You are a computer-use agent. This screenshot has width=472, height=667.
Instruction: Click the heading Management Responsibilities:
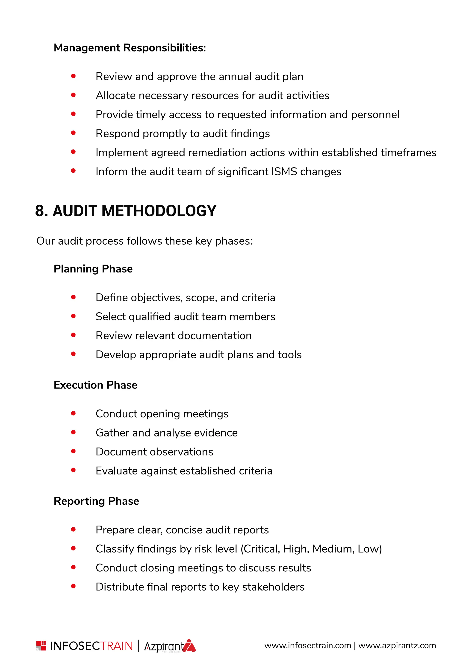(x=130, y=48)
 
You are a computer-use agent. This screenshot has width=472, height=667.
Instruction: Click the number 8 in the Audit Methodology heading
(x=40, y=211)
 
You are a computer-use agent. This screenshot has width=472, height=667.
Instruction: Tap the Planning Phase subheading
(x=93, y=269)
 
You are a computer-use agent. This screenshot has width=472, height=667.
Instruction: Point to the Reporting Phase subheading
(x=96, y=501)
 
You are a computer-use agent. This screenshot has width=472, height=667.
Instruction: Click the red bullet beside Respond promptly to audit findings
(x=73, y=133)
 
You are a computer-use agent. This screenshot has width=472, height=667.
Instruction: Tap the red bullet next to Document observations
(x=73, y=451)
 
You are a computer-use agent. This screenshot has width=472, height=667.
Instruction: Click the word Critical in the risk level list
(x=261, y=549)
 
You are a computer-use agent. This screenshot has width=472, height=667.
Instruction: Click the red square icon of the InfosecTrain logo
(x=41, y=646)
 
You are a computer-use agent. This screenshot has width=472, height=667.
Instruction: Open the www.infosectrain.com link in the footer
(x=307, y=646)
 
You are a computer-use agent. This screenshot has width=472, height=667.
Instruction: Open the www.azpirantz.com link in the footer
(x=397, y=646)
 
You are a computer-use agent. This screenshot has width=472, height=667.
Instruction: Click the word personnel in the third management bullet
(x=375, y=115)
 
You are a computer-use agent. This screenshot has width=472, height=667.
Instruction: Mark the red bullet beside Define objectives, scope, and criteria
(x=73, y=297)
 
